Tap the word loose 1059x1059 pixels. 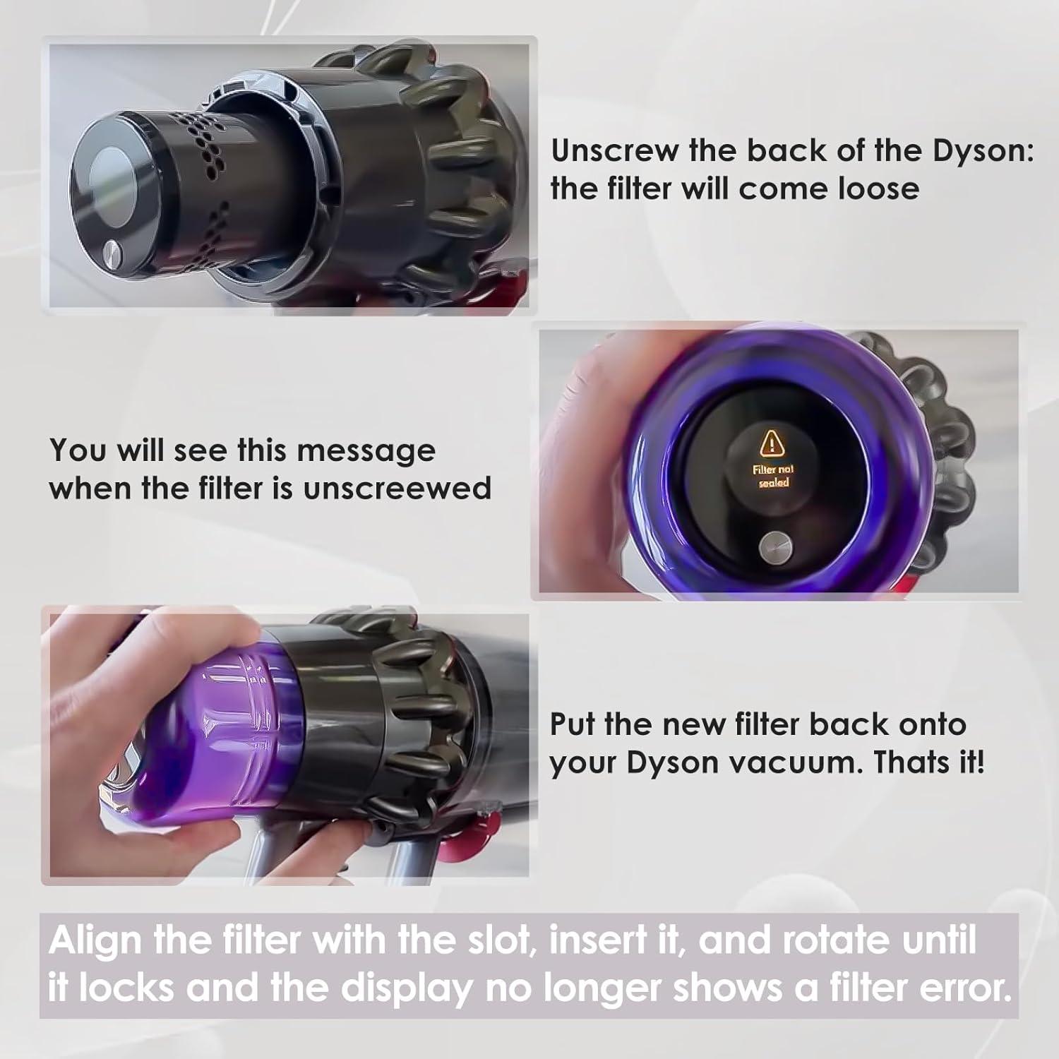879,189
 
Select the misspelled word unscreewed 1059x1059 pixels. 397,489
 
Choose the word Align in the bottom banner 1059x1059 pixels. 95,940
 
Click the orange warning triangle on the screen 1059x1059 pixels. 773,443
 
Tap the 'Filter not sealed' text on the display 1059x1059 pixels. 773,476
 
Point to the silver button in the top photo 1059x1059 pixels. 112,250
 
